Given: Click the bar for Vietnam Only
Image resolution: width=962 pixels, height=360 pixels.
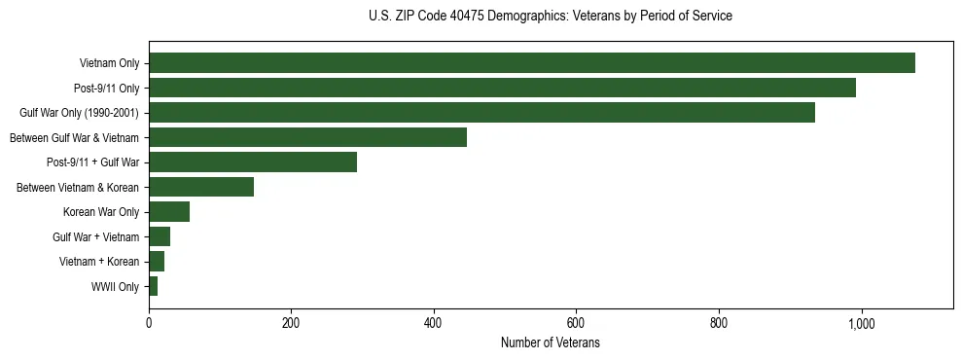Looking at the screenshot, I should click(532, 63).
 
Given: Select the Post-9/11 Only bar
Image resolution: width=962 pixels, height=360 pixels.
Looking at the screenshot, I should click(502, 88).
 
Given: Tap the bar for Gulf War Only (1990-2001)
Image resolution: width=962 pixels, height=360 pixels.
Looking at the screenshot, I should click(481, 113).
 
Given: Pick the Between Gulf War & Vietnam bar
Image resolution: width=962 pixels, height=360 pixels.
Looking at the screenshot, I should click(307, 137).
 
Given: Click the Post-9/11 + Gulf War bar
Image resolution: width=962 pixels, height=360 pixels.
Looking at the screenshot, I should click(253, 162).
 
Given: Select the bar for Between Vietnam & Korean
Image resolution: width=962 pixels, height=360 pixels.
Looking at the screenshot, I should click(201, 187).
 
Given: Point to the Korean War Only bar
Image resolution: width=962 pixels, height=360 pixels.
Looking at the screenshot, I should click(169, 212).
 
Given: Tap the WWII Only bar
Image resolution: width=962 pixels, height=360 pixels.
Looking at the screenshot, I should click(154, 286).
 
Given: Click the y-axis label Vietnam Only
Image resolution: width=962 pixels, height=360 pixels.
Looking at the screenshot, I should click(109, 64).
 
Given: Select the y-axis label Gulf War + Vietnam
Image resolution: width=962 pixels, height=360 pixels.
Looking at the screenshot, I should click(96, 237).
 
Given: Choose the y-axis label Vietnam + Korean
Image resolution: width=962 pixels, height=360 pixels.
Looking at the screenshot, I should click(99, 262).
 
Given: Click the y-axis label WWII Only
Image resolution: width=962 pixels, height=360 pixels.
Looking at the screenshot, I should click(115, 287).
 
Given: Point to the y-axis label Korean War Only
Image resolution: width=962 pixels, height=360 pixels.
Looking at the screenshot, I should click(101, 212).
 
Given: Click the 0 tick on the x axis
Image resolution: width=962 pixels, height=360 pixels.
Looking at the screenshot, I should click(149, 323).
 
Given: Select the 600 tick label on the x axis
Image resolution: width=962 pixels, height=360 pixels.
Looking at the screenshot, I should click(576, 323).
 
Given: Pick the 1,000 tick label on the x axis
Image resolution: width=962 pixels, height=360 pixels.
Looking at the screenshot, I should click(861, 323).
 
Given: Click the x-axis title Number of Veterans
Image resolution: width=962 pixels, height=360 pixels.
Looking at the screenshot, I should click(550, 343).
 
